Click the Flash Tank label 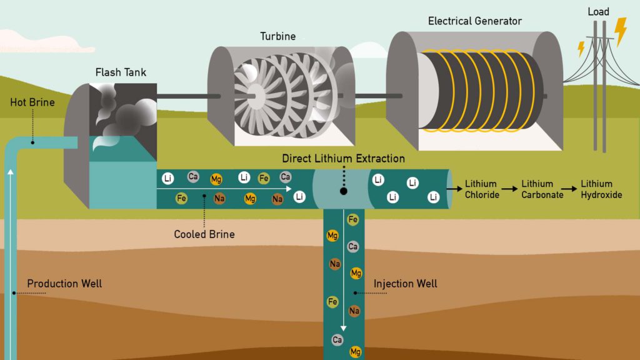121,72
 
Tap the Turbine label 277,36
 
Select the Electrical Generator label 474,21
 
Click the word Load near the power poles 598,12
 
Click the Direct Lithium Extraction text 343,159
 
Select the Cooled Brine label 204,234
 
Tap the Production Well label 64,284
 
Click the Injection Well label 405,284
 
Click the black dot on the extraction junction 343,191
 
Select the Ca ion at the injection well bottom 337,340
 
